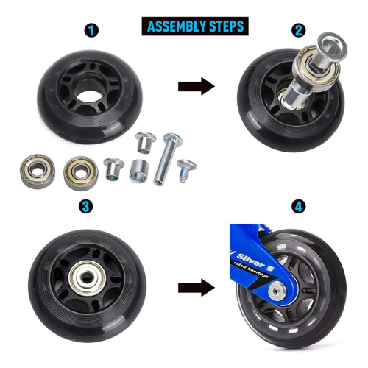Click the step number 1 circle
point(91,31)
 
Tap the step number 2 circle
point(298,30)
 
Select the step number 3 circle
point(85,207)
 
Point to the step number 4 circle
point(298,207)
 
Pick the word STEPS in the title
point(224,26)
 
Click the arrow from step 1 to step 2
point(197,86)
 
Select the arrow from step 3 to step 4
point(197,287)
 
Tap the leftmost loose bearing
point(38,171)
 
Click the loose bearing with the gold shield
point(81,174)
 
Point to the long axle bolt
point(166,159)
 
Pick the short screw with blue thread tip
point(186,170)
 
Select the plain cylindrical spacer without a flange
point(139,171)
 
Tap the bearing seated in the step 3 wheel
point(87,277)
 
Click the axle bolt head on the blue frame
point(277,291)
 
